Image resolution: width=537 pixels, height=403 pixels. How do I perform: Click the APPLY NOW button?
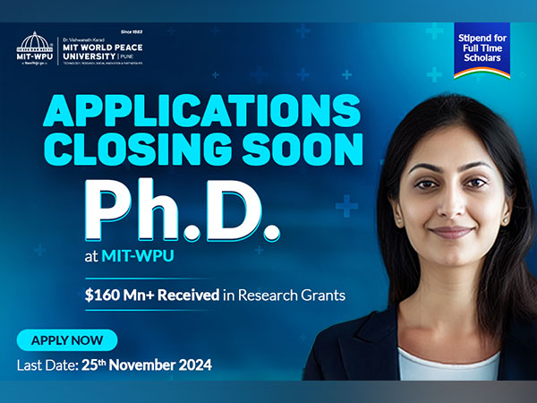[x=67, y=340]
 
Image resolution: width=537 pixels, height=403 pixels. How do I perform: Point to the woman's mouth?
[x=449, y=233]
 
